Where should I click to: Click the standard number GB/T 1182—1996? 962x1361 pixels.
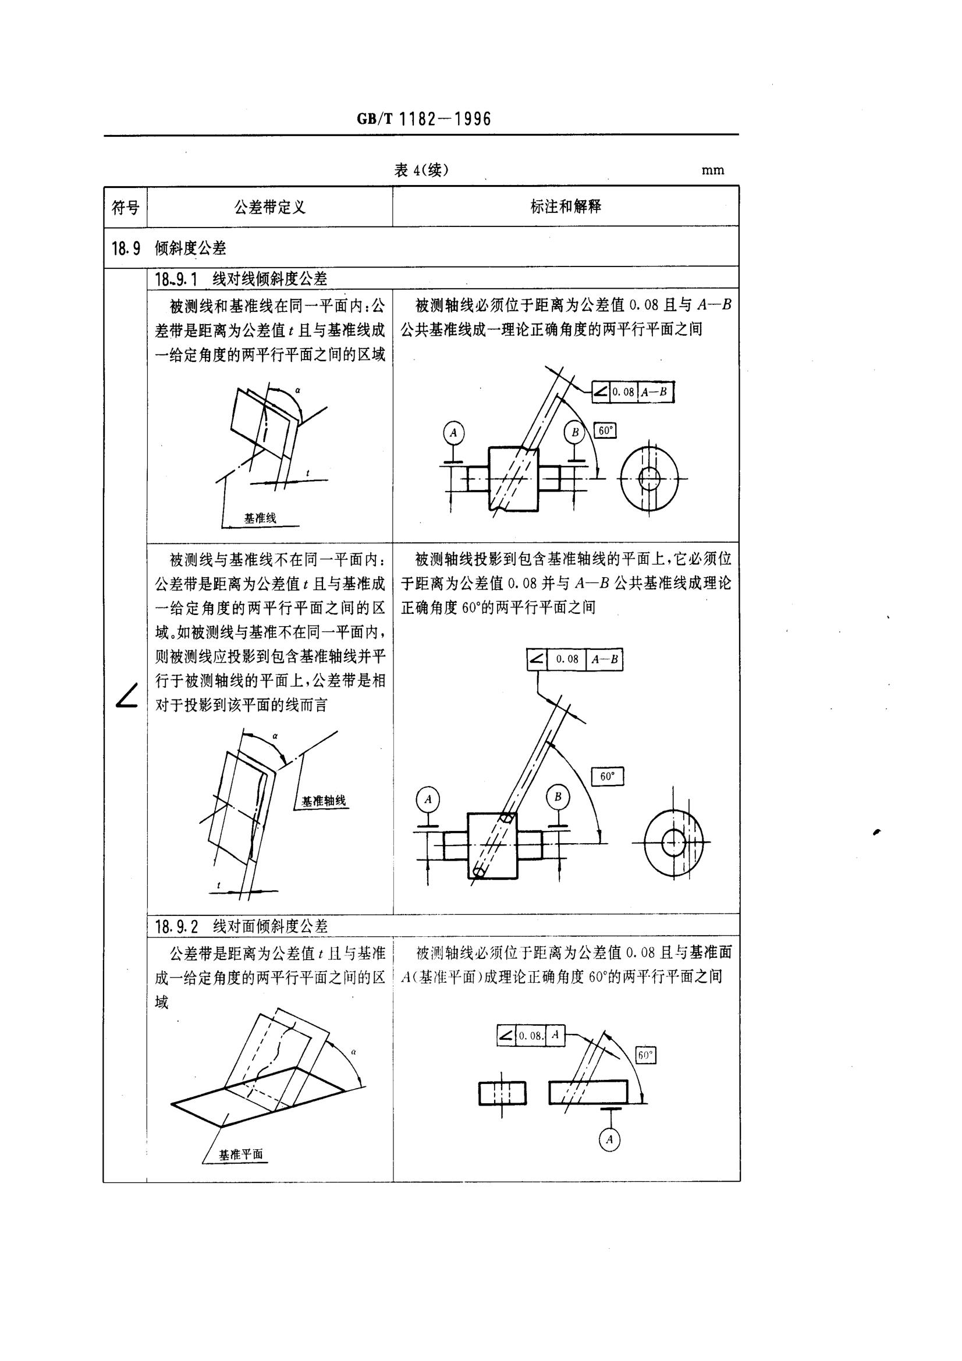click(424, 119)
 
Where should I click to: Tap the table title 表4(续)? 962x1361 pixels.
click(421, 170)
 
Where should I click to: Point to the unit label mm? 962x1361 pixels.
click(712, 170)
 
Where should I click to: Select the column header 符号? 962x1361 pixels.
click(126, 208)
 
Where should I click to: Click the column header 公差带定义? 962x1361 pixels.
click(269, 208)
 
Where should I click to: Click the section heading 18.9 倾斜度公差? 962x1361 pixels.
click(169, 248)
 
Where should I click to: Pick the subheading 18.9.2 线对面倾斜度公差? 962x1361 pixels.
click(242, 926)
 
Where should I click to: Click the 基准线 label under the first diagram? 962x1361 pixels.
click(260, 518)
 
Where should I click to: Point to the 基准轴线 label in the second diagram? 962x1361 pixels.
click(323, 801)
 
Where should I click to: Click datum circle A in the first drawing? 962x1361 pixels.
click(453, 432)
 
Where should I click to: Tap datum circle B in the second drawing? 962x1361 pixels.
click(557, 797)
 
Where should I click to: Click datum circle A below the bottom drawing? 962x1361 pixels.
click(609, 1139)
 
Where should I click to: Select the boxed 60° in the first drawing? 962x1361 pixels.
click(605, 431)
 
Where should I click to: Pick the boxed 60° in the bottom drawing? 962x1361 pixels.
click(645, 1055)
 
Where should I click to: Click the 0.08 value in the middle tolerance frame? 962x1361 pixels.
click(567, 659)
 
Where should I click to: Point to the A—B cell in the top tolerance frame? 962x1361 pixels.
click(656, 392)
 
